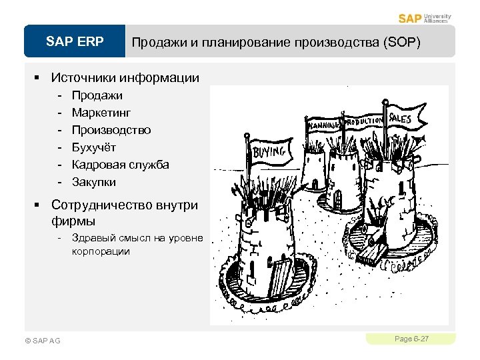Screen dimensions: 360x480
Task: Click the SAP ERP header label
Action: pos(75,42)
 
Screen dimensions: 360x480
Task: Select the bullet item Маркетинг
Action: pos(101,113)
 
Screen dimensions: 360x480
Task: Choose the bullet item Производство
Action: pos(111,130)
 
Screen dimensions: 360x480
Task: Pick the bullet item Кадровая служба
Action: pos(121,165)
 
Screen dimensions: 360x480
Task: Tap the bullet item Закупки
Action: pos(94,182)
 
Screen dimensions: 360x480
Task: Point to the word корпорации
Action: pos(101,251)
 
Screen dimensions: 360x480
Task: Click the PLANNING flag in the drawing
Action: pos(324,124)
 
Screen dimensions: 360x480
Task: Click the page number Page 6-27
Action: pos(411,339)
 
